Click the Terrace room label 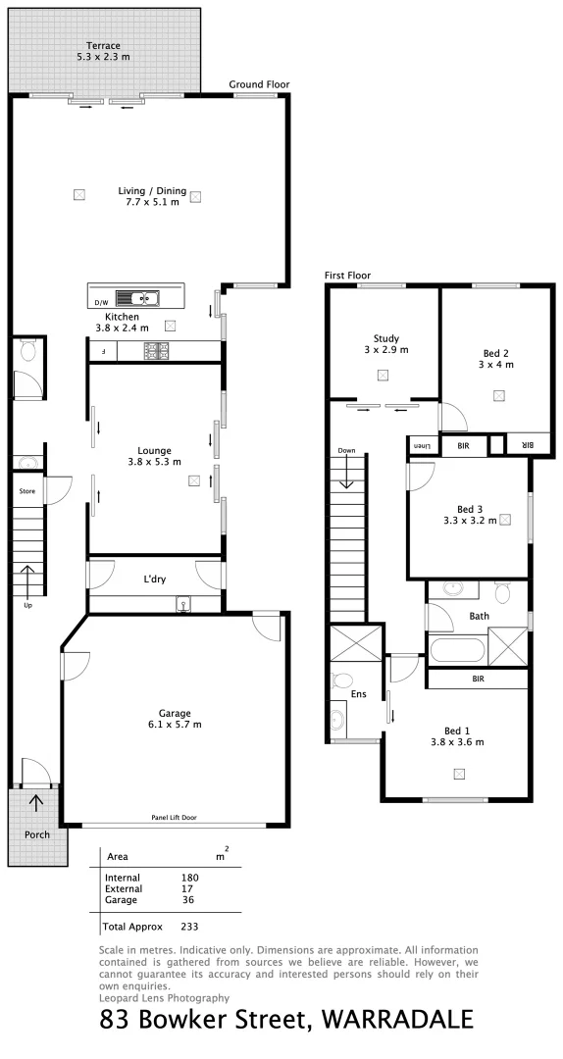point(103,46)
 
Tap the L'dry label point(154,580)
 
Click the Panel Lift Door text point(174,816)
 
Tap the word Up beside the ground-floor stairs point(27,605)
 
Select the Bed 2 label point(495,353)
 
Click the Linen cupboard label point(423,446)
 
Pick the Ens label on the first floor point(357,693)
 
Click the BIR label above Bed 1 point(479,678)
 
